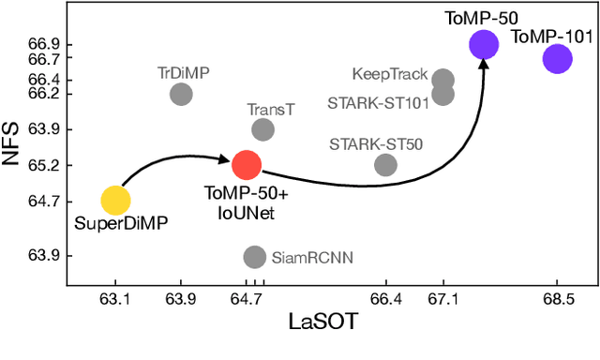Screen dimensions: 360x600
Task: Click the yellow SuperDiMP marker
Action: [114, 200]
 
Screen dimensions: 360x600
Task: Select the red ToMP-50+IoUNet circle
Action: [246, 165]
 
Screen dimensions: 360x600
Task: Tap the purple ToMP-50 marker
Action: [484, 44]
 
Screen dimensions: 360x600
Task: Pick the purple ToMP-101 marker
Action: [557, 59]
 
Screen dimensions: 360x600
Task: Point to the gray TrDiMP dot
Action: [181, 94]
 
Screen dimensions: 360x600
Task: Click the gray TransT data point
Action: [263, 130]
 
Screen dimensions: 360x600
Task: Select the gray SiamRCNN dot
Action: [254, 256]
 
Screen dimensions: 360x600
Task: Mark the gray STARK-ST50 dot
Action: [385, 165]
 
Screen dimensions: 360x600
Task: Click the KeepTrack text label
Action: [389, 74]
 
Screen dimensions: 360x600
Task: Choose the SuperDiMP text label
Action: [114, 225]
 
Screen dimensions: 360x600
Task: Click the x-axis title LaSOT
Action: [326, 322]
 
